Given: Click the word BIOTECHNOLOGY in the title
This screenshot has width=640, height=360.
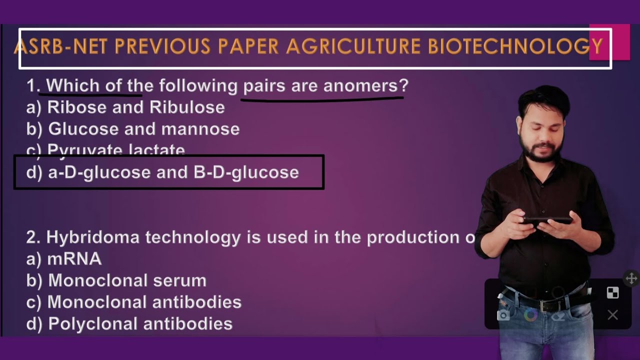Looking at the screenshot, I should coord(515,47).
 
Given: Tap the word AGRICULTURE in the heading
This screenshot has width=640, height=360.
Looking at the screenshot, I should coord(353,47).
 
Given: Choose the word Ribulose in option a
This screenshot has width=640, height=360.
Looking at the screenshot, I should coord(187,107).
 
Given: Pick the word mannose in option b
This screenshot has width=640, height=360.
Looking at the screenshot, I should coord(200,129).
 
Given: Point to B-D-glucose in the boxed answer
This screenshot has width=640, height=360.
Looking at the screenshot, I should coord(246,172).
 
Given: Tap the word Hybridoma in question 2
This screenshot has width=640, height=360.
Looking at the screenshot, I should coord(92,237).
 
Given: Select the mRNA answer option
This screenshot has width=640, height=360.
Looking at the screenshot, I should coord(74,259).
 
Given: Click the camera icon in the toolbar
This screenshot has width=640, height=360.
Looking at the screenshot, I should coord(503,315).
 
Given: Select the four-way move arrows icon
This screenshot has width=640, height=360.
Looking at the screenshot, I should coord(631,278).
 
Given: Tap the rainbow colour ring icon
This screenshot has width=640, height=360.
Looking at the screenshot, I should coord(530,315).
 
